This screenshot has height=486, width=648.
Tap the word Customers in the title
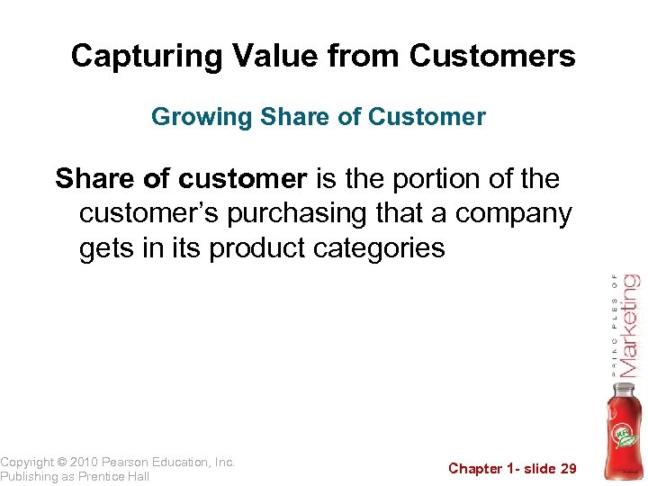(x=492, y=57)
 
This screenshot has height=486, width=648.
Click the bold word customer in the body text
(x=242, y=179)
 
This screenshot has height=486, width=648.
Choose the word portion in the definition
(x=437, y=179)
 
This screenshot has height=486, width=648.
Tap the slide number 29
(x=567, y=468)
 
